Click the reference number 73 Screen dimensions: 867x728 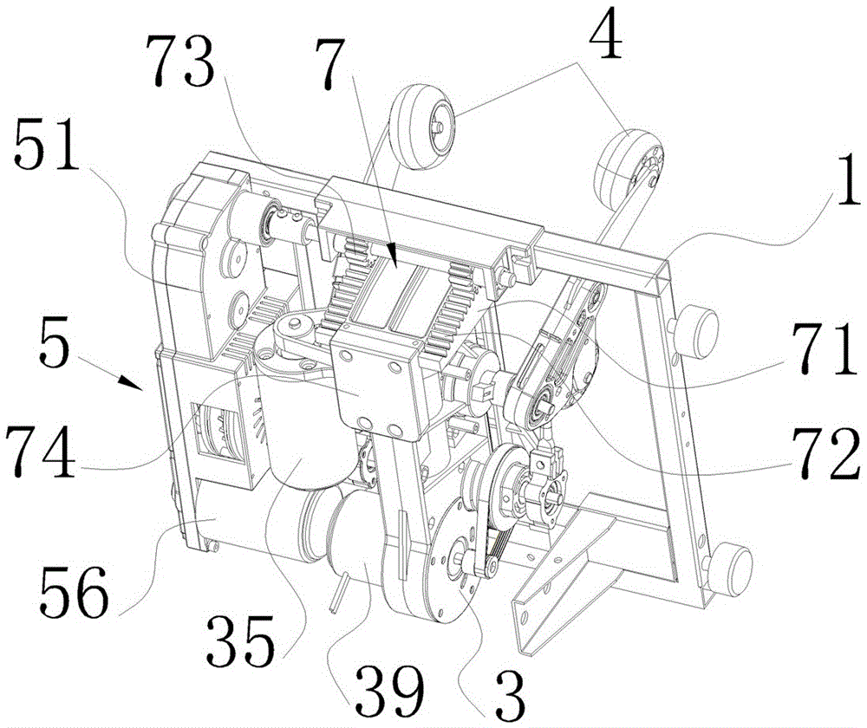point(181,61)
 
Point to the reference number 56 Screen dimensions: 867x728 point(74,591)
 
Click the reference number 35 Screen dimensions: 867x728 point(240,640)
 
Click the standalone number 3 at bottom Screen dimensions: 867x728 point(509,693)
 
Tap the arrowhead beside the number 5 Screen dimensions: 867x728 point(132,382)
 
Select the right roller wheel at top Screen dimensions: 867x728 point(628,164)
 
